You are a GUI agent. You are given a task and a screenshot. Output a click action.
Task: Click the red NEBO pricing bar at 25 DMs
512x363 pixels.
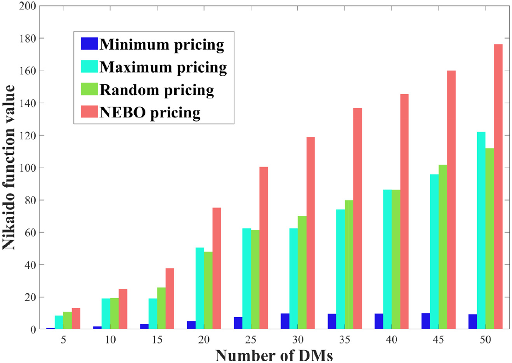(x=263, y=248)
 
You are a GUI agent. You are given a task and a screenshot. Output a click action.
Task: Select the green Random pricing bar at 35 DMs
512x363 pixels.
(x=348, y=265)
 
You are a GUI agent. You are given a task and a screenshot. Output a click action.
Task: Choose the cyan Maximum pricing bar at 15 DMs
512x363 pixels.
(x=153, y=314)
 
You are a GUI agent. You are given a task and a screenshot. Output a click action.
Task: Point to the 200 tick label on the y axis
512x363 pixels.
(x=26, y=6)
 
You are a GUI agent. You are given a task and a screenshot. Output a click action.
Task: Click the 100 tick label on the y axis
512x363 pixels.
(x=26, y=168)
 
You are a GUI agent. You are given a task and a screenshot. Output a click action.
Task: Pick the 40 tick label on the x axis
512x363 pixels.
(x=391, y=340)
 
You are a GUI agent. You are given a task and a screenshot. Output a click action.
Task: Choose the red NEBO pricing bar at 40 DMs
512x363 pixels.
(x=404, y=212)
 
